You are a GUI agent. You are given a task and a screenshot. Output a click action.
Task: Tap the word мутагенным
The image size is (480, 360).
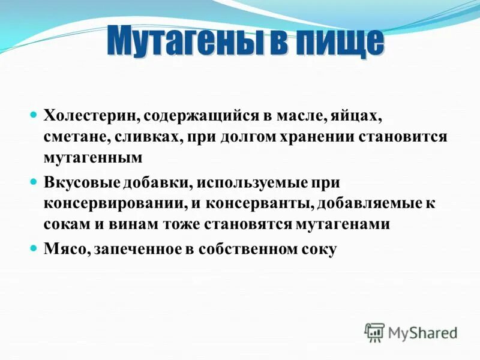pyautogui.click(x=93, y=158)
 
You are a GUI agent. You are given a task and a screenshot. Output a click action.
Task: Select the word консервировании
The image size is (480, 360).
pyautogui.click(x=114, y=202)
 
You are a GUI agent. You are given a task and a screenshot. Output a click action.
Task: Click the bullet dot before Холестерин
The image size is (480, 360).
pyautogui.click(x=34, y=113)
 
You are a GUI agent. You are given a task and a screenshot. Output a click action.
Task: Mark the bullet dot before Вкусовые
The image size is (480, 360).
pyautogui.click(x=34, y=179)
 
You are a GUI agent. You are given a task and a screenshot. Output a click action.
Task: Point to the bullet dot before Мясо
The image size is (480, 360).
pyautogui.click(x=34, y=247)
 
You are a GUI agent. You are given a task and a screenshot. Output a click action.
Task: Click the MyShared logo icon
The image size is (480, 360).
pyautogui.click(x=374, y=332)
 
